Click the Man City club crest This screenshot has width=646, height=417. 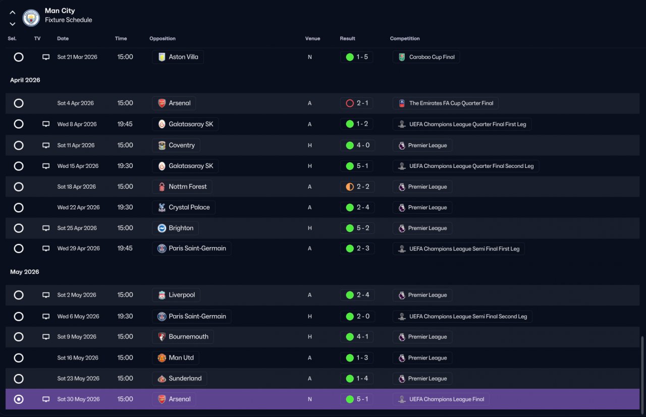click(31, 18)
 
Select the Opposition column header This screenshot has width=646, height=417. click(163, 39)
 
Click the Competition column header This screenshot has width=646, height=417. click(405, 39)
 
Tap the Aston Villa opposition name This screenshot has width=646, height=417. click(183, 57)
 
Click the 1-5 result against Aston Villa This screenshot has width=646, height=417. click(362, 57)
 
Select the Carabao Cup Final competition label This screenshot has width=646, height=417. click(432, 57)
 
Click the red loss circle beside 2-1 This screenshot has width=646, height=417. click(350, 103)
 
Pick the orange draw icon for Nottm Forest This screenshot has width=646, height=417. click(350, 187)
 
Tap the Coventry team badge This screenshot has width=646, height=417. click(162, 145)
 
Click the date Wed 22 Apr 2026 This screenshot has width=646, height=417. click(78, 207)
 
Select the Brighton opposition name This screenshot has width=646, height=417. click(181, 228)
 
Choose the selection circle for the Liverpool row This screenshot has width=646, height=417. click(19, 295)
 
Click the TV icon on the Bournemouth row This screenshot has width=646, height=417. click(46, 337)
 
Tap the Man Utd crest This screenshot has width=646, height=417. click(162, 358)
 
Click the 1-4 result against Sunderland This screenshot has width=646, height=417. click(362, 379)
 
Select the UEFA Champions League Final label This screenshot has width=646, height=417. click(447, 399)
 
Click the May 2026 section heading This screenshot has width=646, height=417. click(25, 272)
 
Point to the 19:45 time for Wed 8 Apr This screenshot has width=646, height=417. click(125, 124)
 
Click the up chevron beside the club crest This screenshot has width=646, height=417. click(13, 13)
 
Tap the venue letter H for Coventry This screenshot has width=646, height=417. click(309, 145)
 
